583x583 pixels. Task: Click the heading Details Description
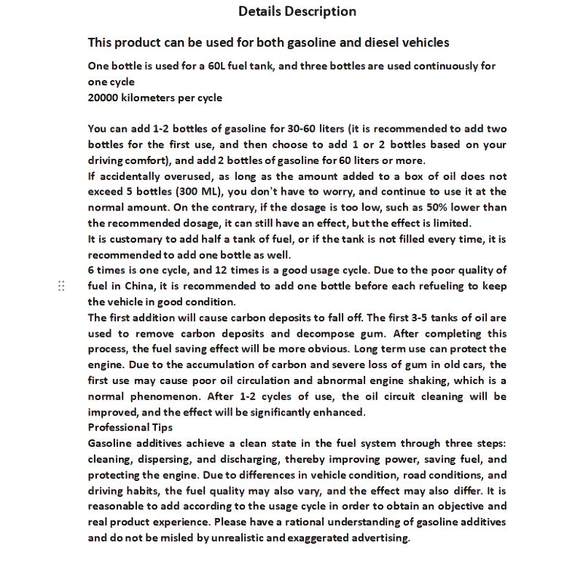297,12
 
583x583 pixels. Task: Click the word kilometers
154,98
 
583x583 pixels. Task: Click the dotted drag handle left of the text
61,286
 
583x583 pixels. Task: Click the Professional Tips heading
130,428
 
